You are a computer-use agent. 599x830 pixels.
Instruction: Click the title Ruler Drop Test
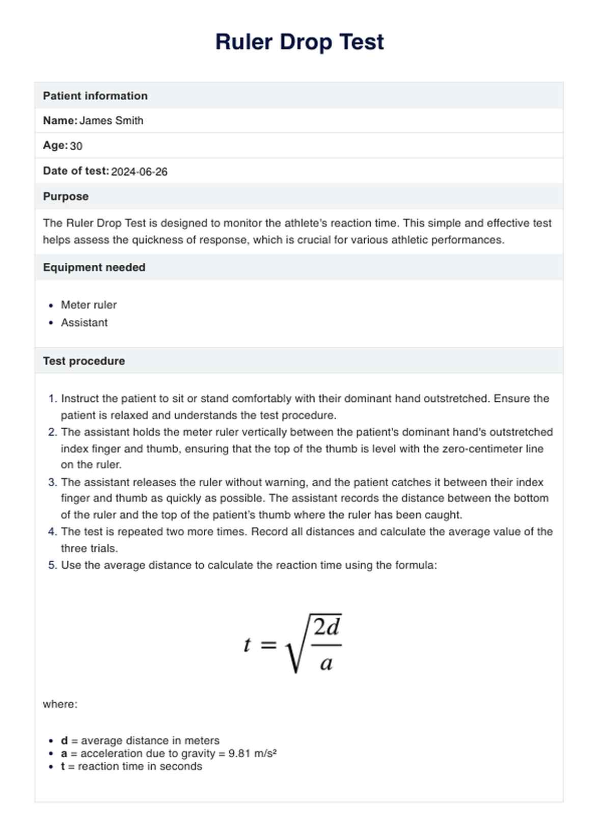pos(299,42)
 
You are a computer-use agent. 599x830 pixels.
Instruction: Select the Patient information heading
pos(95,96)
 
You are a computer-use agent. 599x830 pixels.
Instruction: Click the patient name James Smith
pos(112,121)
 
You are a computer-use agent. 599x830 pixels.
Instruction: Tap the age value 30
pos(76,146)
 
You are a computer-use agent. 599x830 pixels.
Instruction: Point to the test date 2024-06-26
pos(139,172)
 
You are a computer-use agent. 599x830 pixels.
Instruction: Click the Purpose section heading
pos(66,197)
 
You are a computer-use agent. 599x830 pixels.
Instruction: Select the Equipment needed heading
pos(94,267)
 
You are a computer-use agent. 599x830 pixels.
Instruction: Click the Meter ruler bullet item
pos(89,305)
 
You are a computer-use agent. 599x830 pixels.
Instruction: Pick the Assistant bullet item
pos(84,323)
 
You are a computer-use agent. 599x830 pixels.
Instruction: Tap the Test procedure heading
pos(84,361)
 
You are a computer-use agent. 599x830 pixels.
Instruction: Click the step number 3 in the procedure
pos(52,482)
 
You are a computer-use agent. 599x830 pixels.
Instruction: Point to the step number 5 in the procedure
pos(52,565)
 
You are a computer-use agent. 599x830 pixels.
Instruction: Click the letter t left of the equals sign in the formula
pos(247,645)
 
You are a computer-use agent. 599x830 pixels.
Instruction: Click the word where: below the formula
pos(60,704)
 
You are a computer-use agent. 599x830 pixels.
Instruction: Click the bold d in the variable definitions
pos(64,741)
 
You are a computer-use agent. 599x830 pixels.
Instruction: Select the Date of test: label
pos(76,171)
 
